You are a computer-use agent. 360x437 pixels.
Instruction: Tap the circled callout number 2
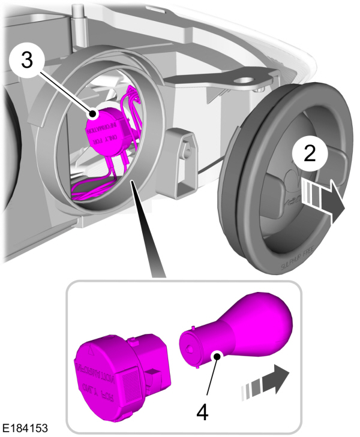[310, 154]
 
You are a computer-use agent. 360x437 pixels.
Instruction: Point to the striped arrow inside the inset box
[265, 382]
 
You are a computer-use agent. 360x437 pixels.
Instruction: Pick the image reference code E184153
[25, 429]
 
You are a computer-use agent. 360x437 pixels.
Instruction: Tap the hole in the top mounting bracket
[244, 78]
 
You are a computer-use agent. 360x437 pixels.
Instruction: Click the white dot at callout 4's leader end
[214, 357]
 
